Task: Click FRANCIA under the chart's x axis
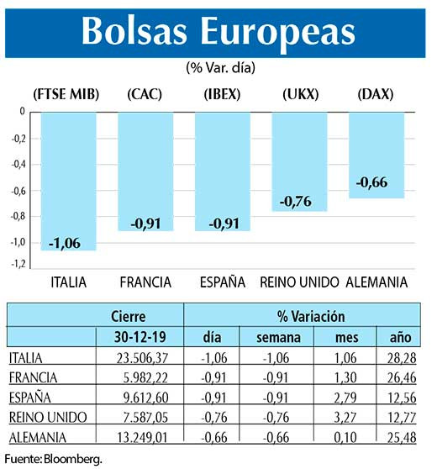[x=145, y=282]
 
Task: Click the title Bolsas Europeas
[x=218, y=32]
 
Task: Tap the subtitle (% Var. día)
[x=220, y=67]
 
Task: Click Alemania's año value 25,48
[x=400, y=437]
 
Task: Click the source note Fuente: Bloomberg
[x=54, y=459]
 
